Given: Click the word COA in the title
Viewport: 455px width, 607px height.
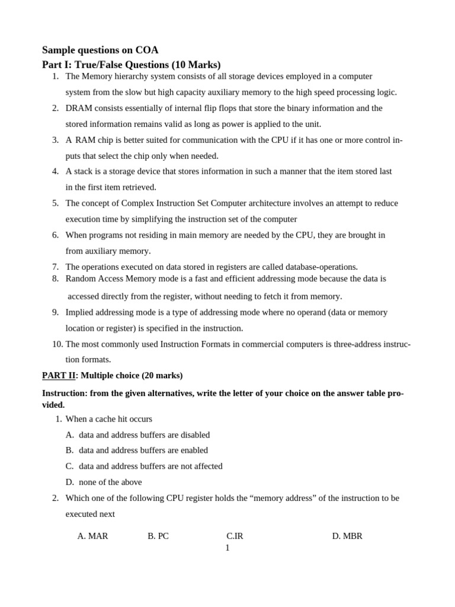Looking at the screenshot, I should (146, 50).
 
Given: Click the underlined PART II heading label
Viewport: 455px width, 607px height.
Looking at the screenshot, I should (58, 376).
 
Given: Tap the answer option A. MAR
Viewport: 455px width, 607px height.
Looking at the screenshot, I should (92, 536).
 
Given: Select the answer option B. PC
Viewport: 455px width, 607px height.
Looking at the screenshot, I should (158, 536).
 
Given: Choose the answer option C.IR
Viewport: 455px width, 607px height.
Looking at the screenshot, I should (235, 536).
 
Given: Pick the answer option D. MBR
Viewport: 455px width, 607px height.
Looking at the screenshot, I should (347, 536).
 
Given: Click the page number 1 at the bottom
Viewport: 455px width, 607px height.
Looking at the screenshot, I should (227, 548).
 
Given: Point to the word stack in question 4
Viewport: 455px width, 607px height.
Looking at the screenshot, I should (84, 171).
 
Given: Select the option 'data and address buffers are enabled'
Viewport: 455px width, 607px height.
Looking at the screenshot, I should (143, 451).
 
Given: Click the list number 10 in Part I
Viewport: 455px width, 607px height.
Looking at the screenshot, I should (57, 344).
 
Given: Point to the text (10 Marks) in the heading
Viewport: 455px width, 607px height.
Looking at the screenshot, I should (196, 65).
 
